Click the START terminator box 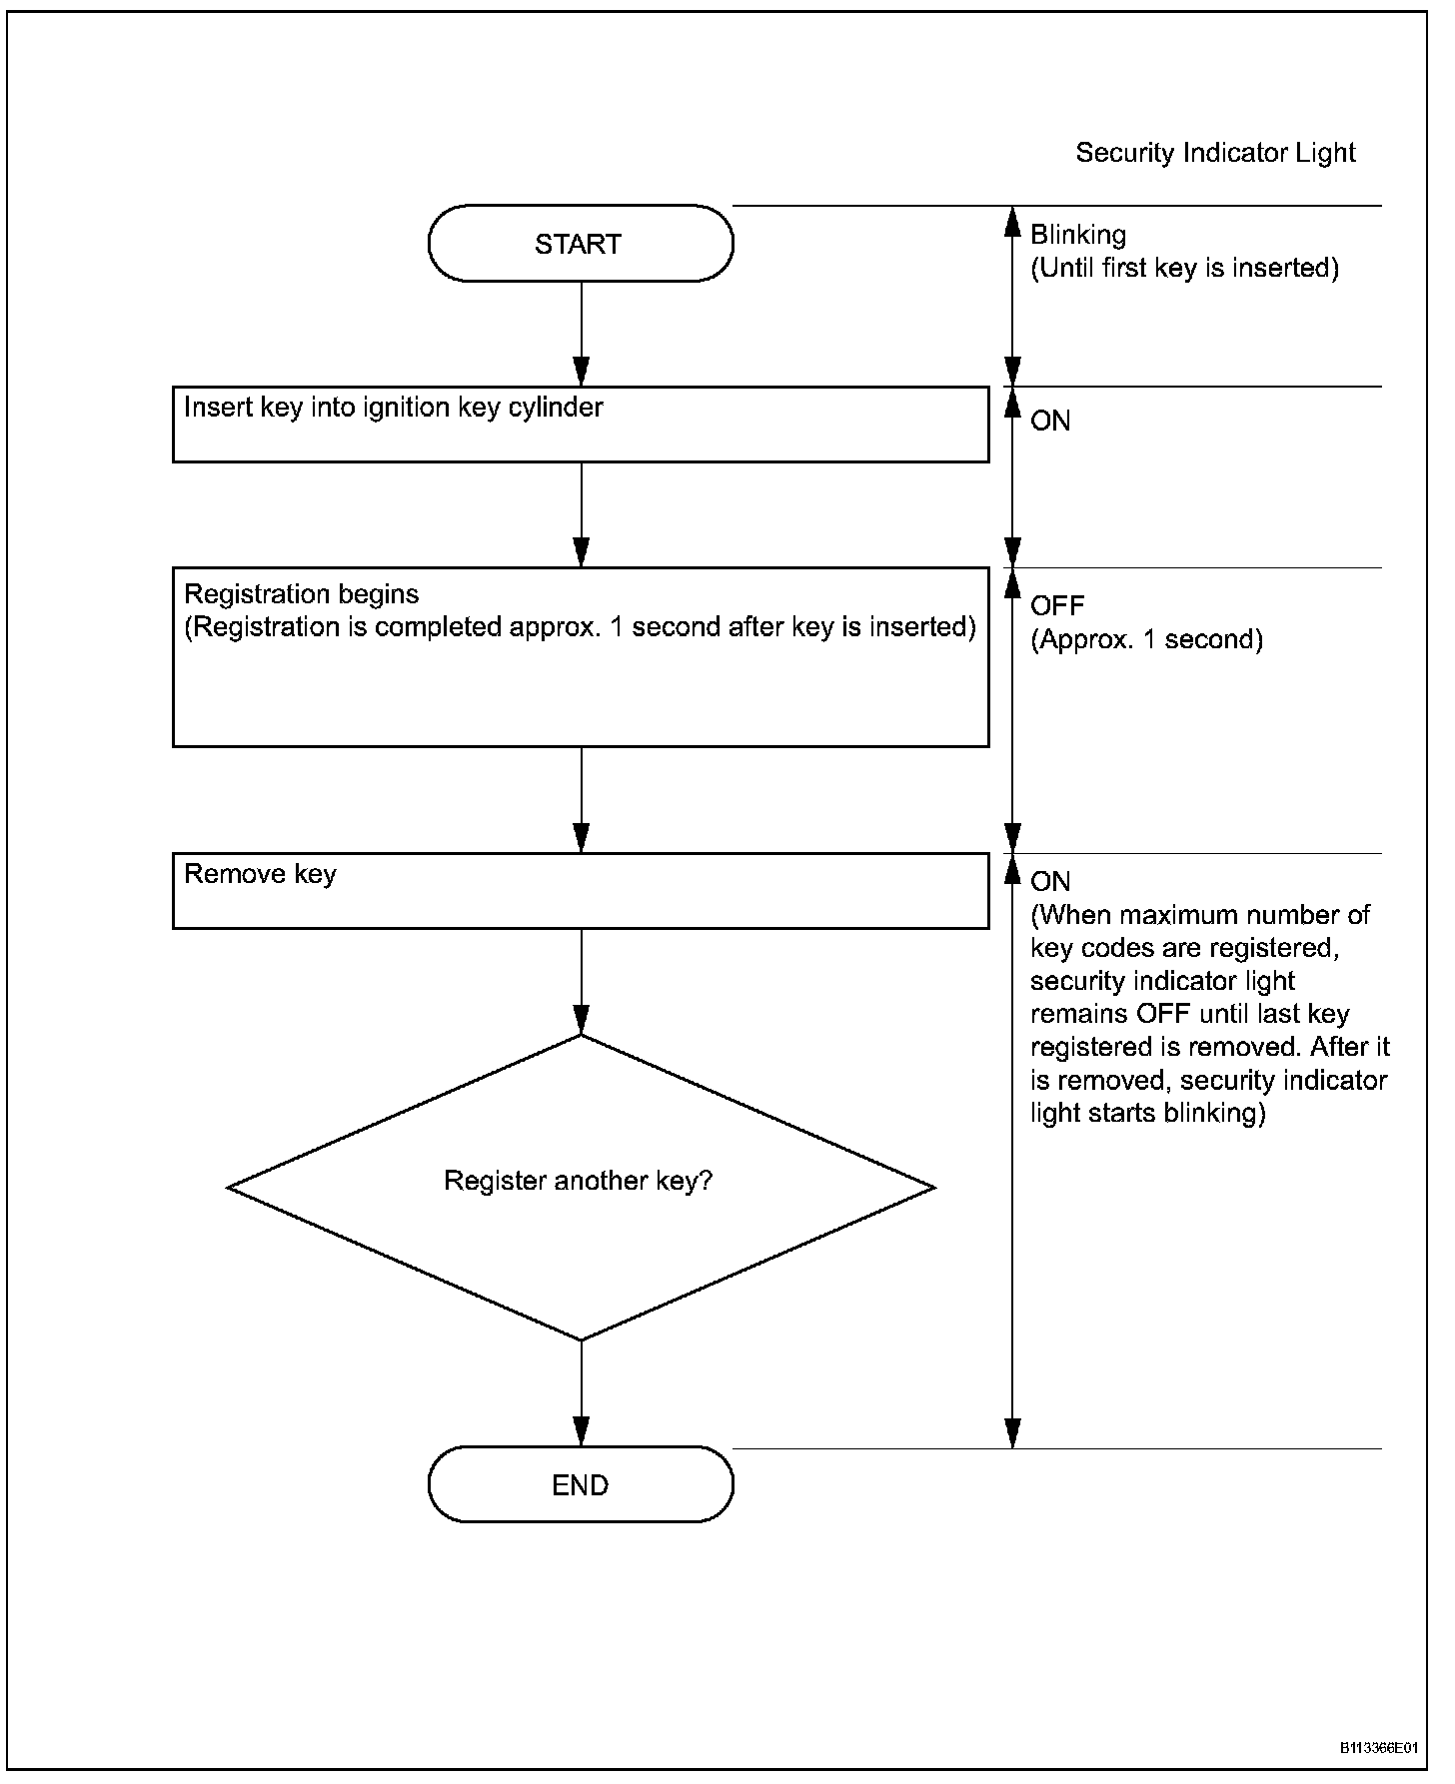click(581, 244)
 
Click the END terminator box click(581, 1484)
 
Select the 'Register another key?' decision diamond click(581, 1188)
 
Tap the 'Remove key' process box click(581, 891)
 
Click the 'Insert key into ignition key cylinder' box click(581, 425)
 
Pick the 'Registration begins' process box click(581, 657)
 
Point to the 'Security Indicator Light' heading click(1215, 153)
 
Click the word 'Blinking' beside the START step click(1078, 236)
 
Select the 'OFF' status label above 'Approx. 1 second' click(1057, 605)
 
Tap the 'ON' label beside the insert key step click(1050, 422)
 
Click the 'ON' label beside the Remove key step click(1050, 882)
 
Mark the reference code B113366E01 click(1379, 1748)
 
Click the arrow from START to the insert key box click(581, 334)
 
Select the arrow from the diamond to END click(581, 1393)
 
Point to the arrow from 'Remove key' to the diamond click(581, 982)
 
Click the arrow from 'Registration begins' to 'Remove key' click(581, 800)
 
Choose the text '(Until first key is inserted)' click(1185, 269)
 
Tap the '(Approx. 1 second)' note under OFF click(1147, 640)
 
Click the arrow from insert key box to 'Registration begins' click(581, 514)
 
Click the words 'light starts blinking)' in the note click(1148, 1114)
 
